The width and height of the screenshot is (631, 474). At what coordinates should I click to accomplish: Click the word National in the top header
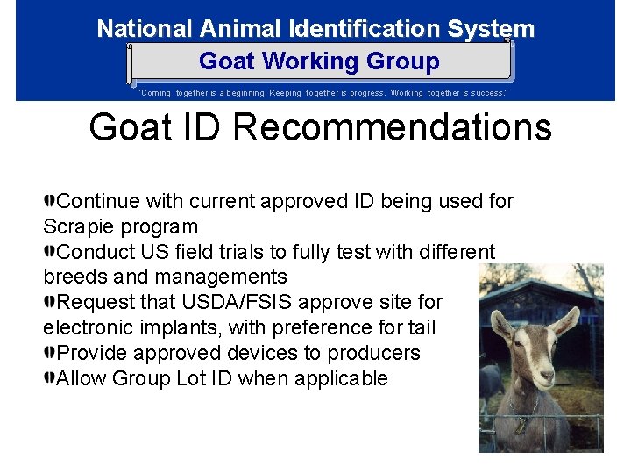click(145, 28)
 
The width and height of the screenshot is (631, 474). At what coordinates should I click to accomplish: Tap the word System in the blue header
click(490, 28)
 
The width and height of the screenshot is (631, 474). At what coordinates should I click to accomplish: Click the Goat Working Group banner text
click(319, 61)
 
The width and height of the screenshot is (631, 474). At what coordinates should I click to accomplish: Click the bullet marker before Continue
click(50, 201)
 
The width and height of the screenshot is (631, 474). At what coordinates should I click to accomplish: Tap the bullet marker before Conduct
click(50, 252)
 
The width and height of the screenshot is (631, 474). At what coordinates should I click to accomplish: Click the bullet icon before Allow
click(50, 378)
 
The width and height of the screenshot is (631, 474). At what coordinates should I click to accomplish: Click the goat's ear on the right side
click(569, 320)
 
